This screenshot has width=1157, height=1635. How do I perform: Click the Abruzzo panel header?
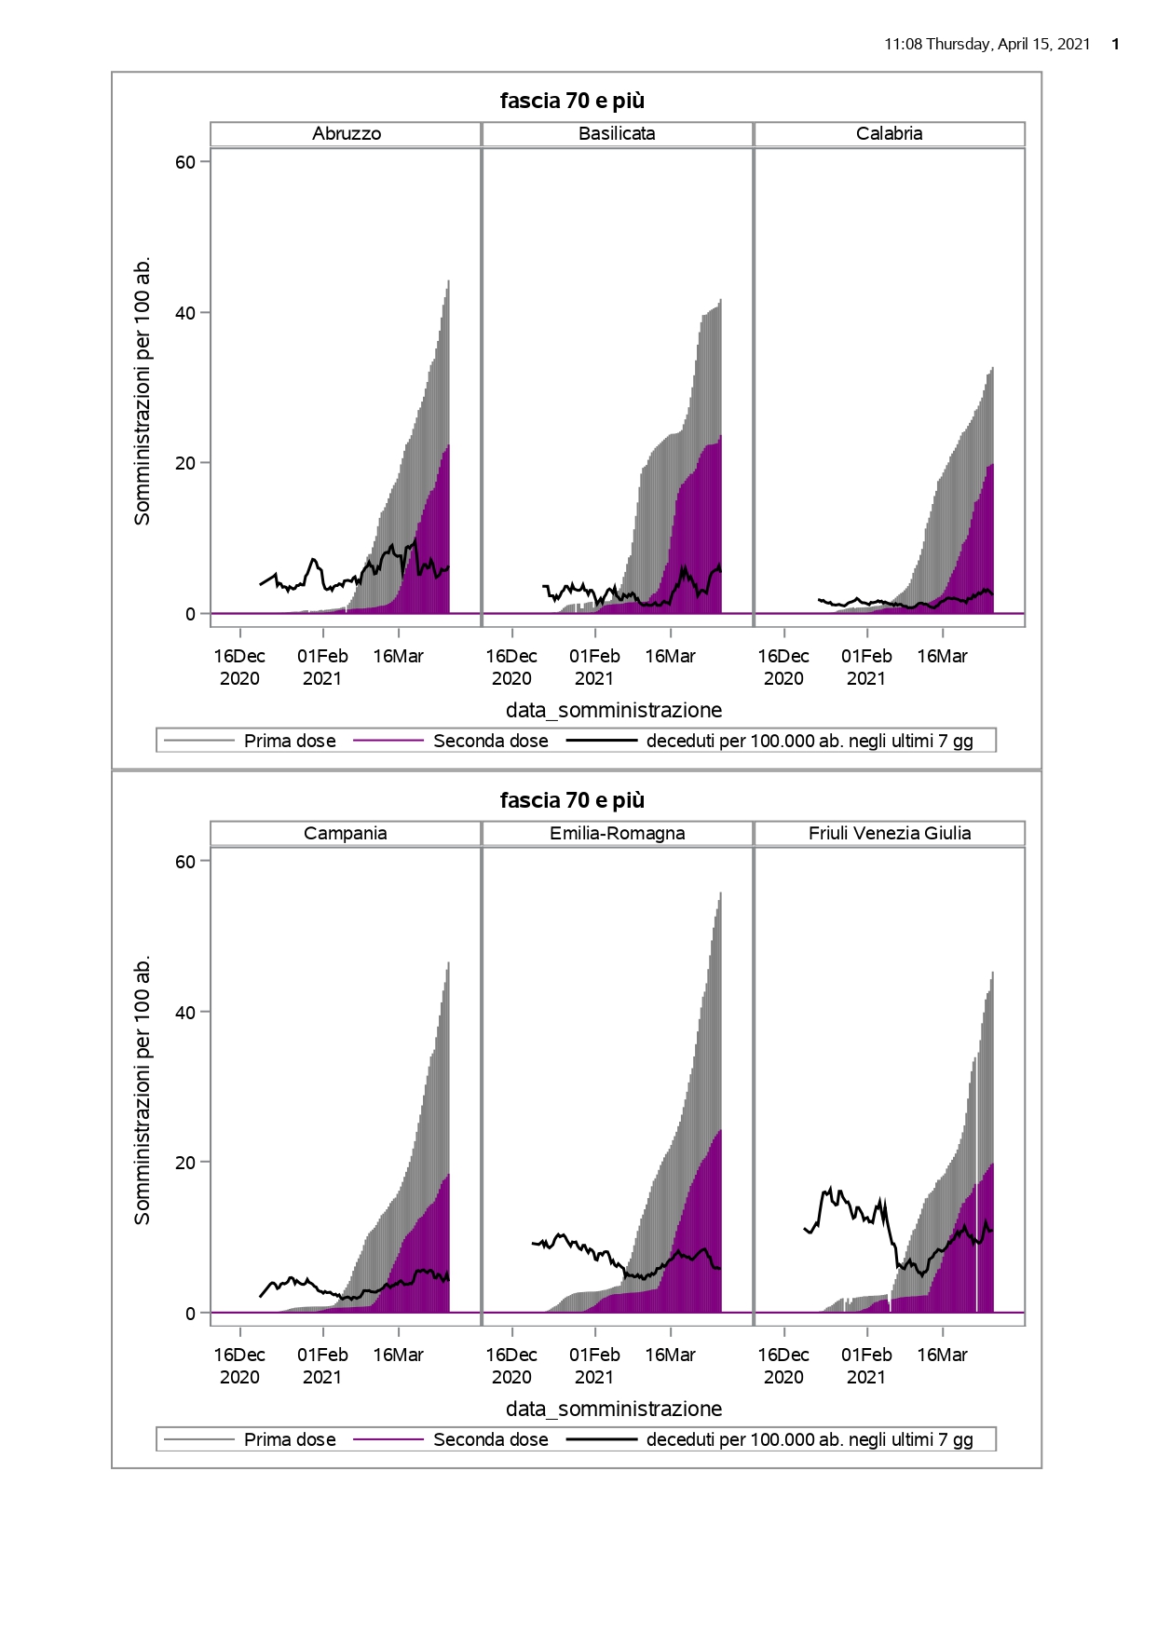point(347,134)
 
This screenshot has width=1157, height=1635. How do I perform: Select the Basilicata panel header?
point(617,134)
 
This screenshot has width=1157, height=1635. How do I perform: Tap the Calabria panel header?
point(889,134)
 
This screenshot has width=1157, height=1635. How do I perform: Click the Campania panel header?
point(346,834)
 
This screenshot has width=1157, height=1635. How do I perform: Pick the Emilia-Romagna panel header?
point(617,834)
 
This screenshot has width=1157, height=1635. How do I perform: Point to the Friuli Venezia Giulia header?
point(889,834)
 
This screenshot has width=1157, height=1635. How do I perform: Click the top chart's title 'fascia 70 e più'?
point(572,101)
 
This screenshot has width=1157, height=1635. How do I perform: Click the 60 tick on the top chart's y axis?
point(185,162)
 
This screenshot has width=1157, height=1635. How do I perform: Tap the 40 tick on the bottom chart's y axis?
point(185,1012)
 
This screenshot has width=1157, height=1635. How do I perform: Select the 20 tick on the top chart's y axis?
point(185,463)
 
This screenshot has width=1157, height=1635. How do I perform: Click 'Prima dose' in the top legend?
point(290,742)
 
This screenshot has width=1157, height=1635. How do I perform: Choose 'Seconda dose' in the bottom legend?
point(490,1440)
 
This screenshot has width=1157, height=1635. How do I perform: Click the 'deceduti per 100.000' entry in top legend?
point(809,742)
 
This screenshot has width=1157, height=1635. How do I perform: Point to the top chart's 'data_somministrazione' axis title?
point(614,711)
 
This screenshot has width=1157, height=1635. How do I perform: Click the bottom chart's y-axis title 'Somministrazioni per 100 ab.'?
point(143,1090)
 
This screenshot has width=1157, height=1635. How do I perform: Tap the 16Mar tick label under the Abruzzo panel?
point(398,657)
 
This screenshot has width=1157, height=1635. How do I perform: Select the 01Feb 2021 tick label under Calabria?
point(866,667)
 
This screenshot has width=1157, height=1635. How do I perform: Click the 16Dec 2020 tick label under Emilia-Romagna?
point(511,1366)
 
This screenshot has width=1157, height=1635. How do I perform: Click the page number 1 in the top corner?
point(1116,45)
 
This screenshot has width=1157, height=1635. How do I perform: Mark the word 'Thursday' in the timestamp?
point(959,45)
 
